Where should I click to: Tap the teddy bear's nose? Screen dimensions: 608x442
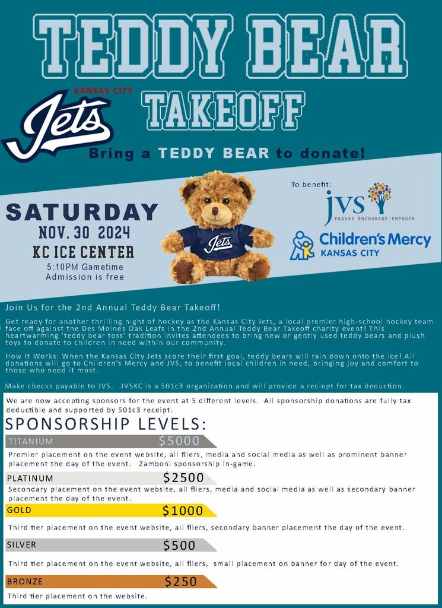click(215, 211)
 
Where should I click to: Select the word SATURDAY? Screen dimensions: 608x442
click(82, 212)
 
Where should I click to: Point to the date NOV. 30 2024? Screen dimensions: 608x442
click(84, 232)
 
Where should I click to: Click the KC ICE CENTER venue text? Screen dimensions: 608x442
click(84, 252)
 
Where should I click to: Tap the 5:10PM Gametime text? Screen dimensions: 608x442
click(81, 267)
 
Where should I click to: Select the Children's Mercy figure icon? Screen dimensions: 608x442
click(302, 246)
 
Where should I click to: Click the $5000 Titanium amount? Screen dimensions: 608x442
click(179, 441)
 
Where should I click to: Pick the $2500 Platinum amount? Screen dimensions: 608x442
click(183, 477)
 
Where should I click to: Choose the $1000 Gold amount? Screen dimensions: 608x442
click(182, 510)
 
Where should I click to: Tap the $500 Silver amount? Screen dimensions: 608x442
click(179, 545)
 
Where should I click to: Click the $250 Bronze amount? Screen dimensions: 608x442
click(181, 581)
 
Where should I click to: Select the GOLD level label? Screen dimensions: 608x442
click(19, 510)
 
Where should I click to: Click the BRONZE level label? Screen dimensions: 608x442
click(25, 581)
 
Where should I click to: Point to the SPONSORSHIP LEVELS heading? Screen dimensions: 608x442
click(106, 424)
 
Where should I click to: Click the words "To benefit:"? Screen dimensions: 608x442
click(311, 185)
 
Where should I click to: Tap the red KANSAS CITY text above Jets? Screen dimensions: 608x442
click(103, 91)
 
